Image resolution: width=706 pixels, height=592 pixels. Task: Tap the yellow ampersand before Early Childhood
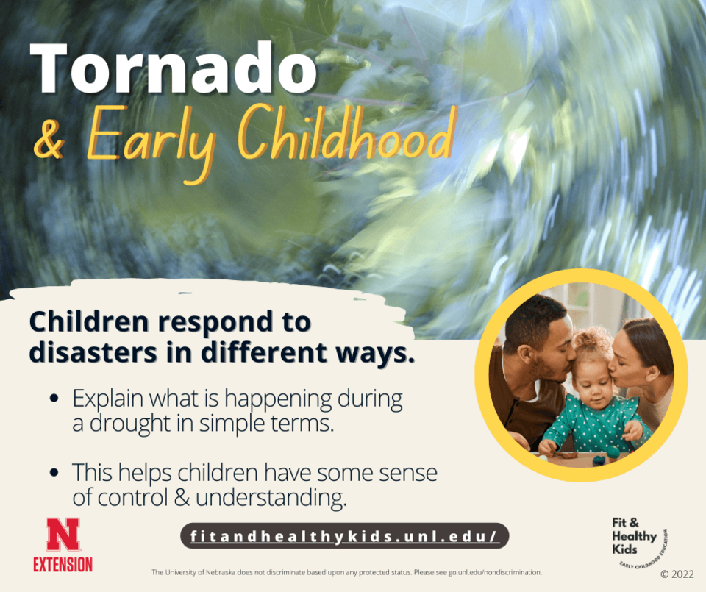click(49, 140)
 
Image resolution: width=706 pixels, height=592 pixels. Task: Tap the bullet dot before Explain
click(54, 399)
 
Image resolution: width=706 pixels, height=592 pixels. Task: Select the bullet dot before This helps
click(54, 473)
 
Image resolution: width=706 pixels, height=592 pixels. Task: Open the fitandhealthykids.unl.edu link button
click(344, 536)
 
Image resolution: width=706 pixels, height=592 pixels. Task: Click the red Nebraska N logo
click(63, 535)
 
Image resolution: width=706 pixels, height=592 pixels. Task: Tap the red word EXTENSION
click(63, 565)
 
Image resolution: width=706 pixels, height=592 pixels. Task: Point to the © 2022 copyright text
click(677, 574)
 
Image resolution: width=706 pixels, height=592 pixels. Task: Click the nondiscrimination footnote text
click(346, 573)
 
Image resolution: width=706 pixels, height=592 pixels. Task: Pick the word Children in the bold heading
click(89, 321)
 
